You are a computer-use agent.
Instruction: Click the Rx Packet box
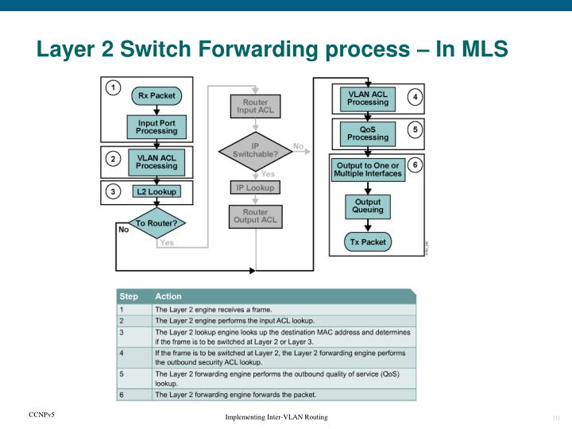pos(156,95)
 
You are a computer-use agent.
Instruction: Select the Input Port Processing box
pos(156,126)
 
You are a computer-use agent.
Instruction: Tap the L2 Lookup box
pos(156,191)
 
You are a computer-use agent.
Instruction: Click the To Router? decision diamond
pos(157,223)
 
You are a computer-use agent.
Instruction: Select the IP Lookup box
pos(255,187)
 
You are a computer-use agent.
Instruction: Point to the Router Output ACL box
pos(255,216)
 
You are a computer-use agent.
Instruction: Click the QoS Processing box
pos(368,133)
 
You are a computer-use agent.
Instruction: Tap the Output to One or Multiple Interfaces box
pos(368,169)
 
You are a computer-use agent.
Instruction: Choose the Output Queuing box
pos(368,206)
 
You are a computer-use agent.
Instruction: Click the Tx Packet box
pos(368,241)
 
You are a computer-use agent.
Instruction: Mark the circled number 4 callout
pos(415,96)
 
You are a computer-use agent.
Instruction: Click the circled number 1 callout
pos(114,87)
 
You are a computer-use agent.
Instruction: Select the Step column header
pos(129,296)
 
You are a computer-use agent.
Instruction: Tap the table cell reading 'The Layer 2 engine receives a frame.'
pos(213,308)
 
